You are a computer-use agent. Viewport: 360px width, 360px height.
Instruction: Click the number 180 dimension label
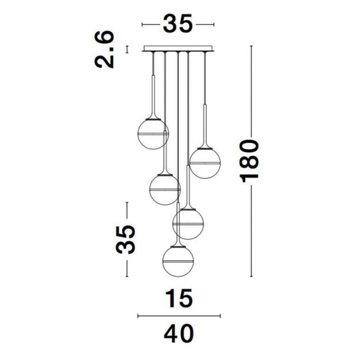[250, 161]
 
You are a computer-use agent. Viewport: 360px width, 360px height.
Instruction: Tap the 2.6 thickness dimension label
[104, 50]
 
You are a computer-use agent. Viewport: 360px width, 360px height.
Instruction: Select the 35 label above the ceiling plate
[178, 24]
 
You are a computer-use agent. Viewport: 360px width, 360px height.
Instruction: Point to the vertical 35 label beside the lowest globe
[125, 240]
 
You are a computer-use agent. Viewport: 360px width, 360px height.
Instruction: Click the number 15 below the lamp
[179, 298]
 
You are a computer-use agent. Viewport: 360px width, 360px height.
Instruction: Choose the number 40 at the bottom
[179, 333]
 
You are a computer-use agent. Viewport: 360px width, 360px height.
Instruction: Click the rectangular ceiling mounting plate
[178, 48]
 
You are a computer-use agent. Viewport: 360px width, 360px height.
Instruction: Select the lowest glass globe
[178, 261]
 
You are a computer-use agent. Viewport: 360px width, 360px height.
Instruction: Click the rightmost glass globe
[205, 163]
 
